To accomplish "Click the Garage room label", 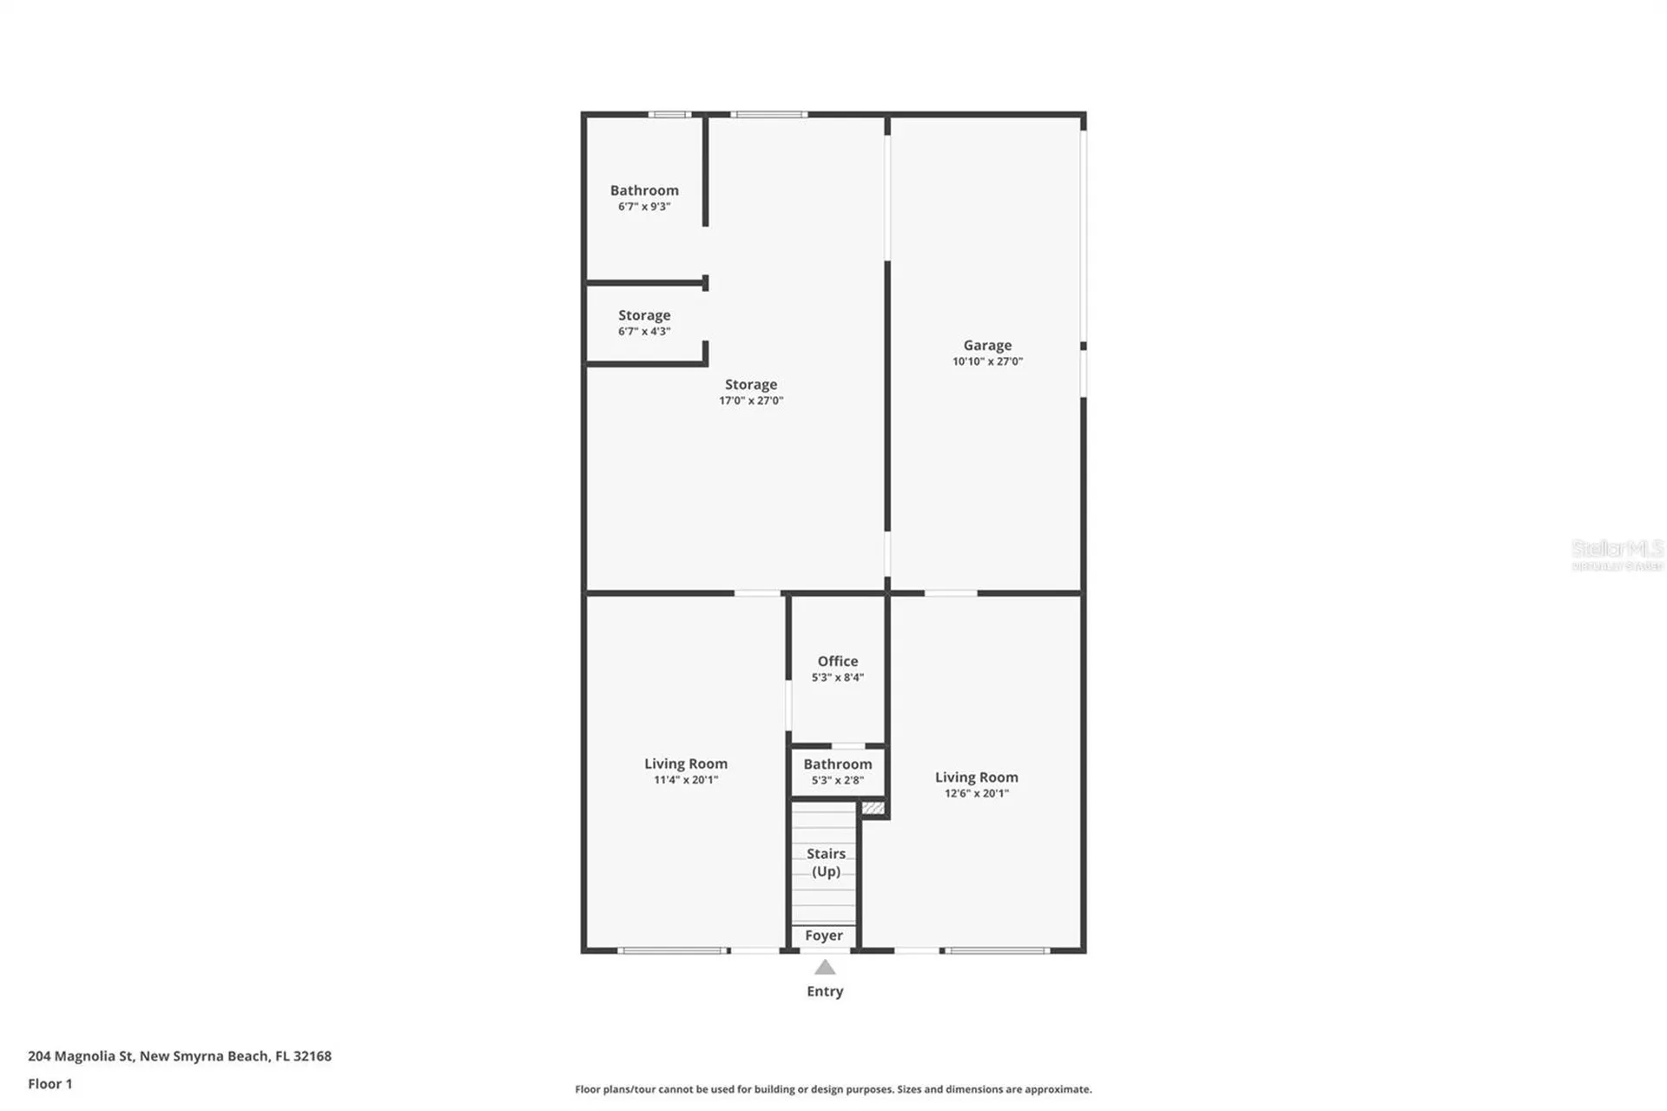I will coord(987,345).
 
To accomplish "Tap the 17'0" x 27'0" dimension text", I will coord(751,400).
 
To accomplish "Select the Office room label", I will coord(837,661).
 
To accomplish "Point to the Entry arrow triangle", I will coord(825,967).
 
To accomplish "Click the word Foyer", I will coord(823,936).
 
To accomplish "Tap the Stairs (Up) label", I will coord(826,863).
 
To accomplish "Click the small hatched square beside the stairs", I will coord(873,809).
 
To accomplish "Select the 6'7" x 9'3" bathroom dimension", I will coord(644,207).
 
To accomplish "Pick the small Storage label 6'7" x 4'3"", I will coord(644,322).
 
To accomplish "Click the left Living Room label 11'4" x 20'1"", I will coord(686,770).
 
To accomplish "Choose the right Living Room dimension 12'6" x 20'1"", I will coord(977,793).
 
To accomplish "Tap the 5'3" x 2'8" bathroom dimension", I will coord(837,780).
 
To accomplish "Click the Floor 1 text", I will coord(50,1083).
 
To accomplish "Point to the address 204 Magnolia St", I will coord(180,1055).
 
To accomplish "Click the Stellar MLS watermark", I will coord(1617,553).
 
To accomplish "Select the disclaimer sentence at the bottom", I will coord(833,1088).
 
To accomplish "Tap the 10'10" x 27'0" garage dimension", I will coord(987,361).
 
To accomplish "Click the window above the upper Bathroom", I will coord(669,115).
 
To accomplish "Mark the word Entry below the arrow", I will coord(825,991).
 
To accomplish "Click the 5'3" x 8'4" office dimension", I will coord(837,678).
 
